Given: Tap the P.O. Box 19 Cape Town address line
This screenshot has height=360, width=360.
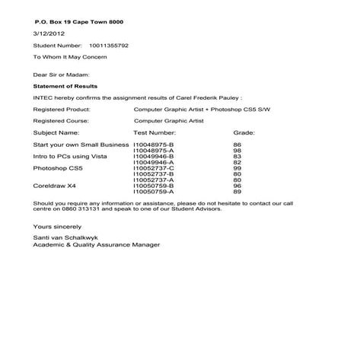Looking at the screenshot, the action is [73, 22].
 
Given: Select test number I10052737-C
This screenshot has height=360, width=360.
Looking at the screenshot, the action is [154, 167].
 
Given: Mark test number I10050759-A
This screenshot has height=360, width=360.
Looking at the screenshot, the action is [154, 191].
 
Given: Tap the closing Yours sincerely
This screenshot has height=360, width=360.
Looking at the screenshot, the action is [57, 227].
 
